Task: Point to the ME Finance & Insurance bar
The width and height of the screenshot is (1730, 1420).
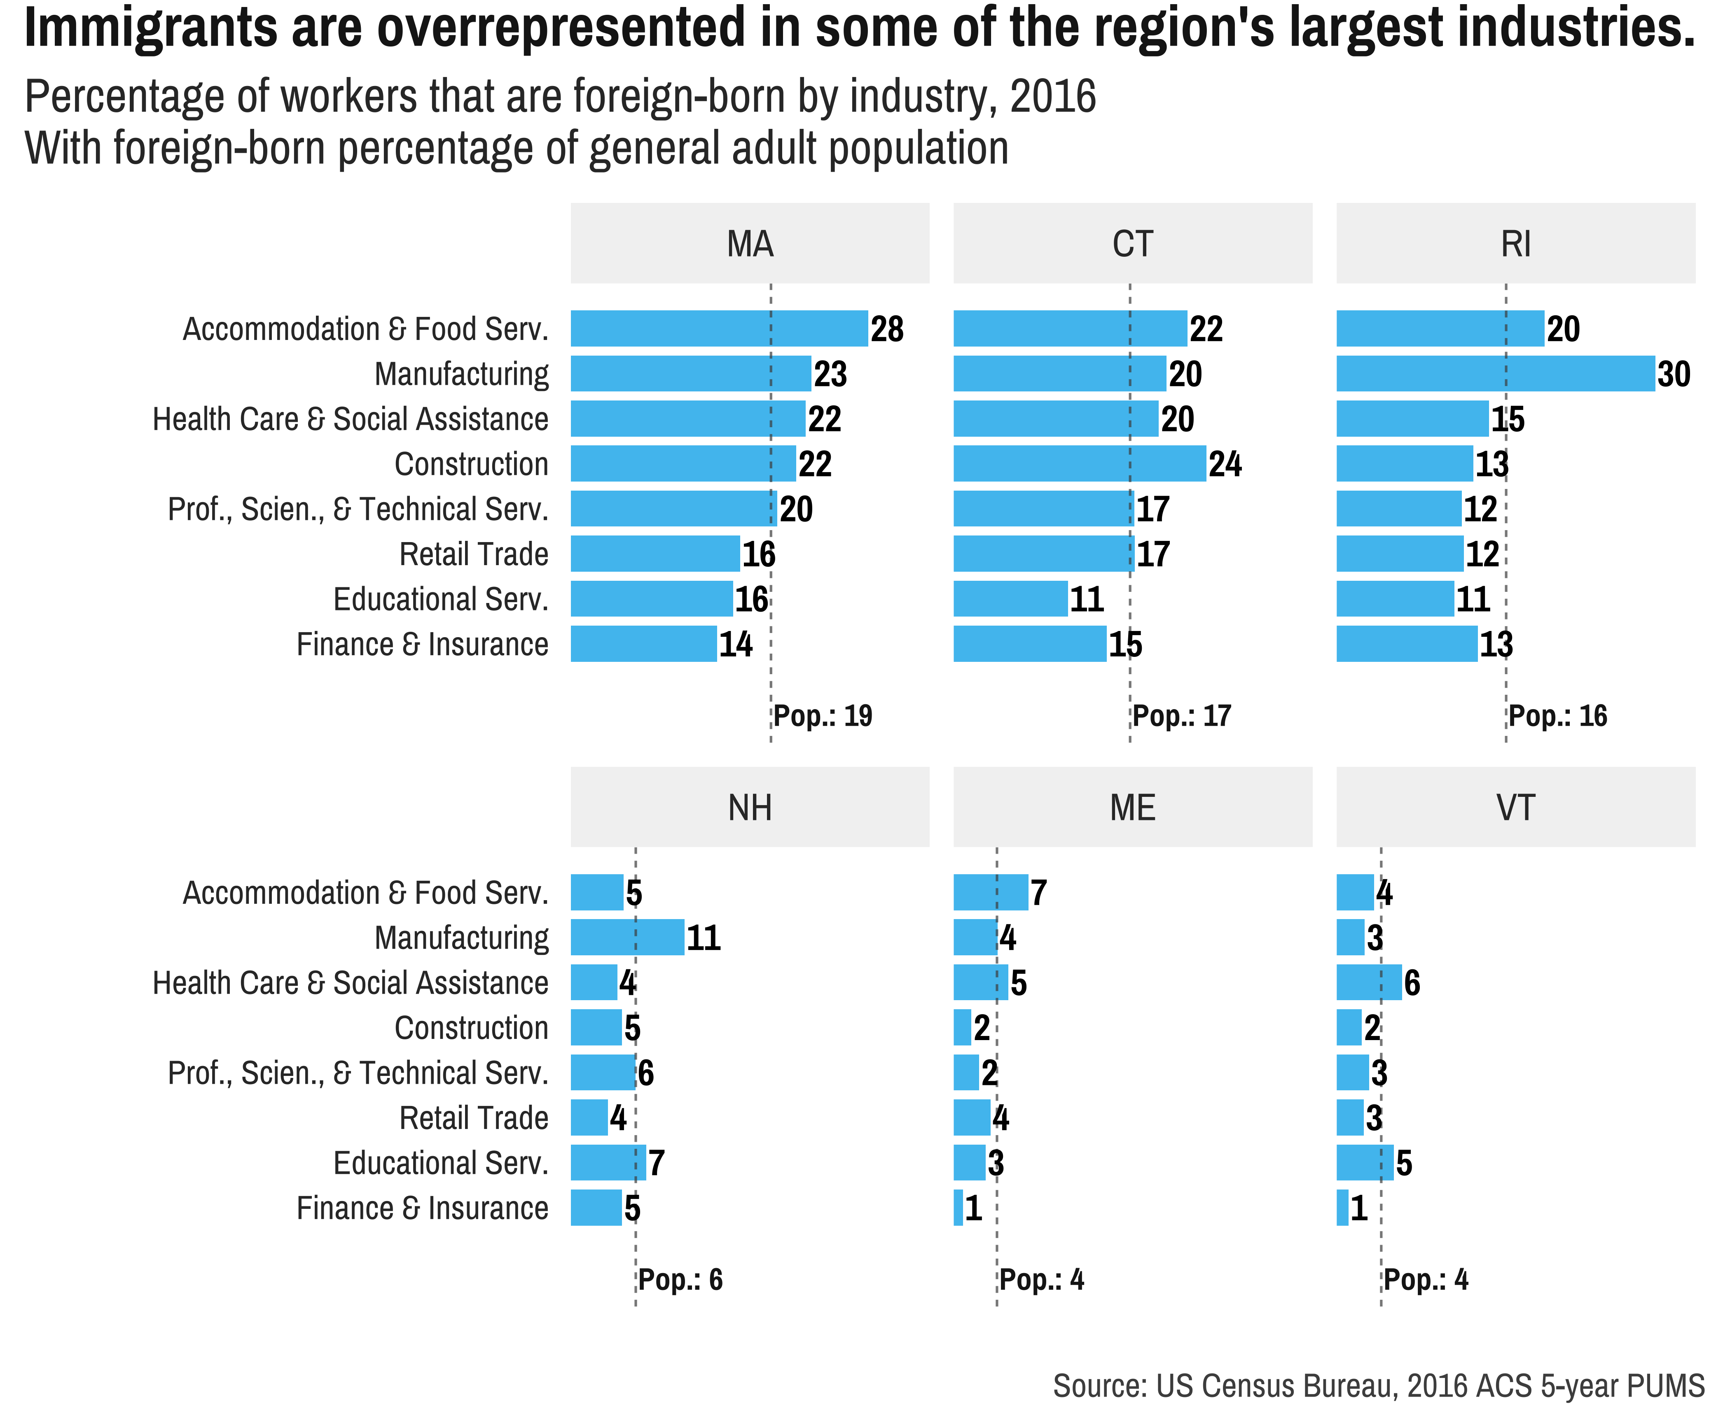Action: pos(958,1207)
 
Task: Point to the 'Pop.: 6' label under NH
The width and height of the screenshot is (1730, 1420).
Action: pos(680,1279)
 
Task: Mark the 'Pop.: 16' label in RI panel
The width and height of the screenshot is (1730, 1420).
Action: pos(1557,716)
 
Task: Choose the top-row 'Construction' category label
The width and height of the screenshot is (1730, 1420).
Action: pos(471,464)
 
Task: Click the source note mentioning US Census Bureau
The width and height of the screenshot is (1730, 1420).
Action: pos(1378,1386)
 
